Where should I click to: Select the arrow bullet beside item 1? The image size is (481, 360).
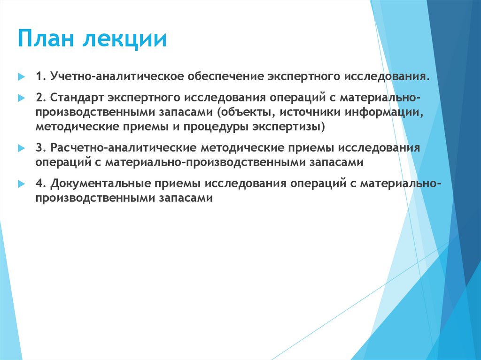pos(21,76)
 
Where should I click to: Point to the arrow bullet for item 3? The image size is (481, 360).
pos(21,147)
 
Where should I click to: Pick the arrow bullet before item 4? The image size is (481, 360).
pos(21,183)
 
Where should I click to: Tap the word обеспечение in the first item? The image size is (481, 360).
pos(225,76)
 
